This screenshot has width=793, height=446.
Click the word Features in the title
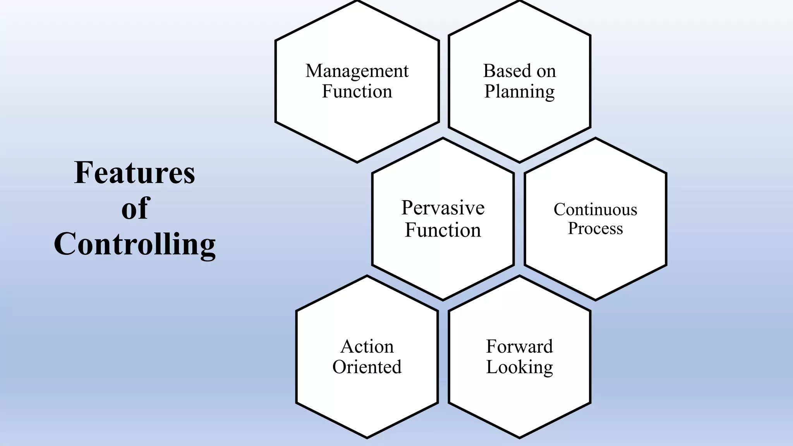coord(134,173)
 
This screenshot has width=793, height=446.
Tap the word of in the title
coord(135,208)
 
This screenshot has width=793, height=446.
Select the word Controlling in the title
coord(134,245)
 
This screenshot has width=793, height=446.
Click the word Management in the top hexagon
coord(357,71)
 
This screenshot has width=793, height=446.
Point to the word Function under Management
coord(357,92)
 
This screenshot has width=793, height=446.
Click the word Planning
coord(519,92)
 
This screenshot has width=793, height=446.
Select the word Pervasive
coord(443,208)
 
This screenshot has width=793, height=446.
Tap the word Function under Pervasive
coord(443,230)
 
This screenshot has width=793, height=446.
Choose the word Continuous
coord(595,210)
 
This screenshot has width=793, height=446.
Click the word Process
coord(595,228)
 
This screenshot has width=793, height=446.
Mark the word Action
coord(367,347)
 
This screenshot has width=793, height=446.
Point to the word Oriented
coord(367,367)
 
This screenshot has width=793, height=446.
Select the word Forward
coord(519,347)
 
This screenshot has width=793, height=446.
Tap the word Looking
coord(519,367)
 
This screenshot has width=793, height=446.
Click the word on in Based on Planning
coord(546,71)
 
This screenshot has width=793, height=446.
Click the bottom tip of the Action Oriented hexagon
coord(367,437)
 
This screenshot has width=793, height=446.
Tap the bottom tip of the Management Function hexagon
coord(357,162)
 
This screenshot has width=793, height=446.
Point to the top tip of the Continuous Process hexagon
coord(595,138)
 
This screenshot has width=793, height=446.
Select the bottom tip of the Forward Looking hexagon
coord(519,437)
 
